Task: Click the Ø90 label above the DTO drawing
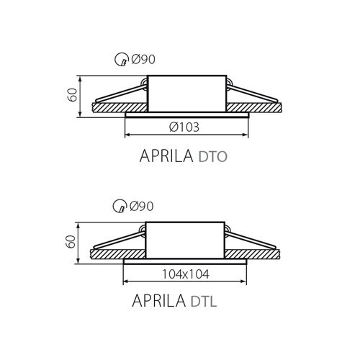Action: tap(143, 59)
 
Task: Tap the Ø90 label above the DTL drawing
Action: tap(142, 206)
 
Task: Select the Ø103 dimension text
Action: tap(184, 127)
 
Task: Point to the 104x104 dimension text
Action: tap(186, 274)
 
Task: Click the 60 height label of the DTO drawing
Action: tap(72, 95)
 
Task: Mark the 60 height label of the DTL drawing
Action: tap(71, 242)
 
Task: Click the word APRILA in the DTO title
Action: tap(166, 156)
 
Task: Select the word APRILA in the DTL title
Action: tap(159, 300)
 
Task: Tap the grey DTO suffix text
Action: tap(213, 157)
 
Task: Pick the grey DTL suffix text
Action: tap(204, 301)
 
